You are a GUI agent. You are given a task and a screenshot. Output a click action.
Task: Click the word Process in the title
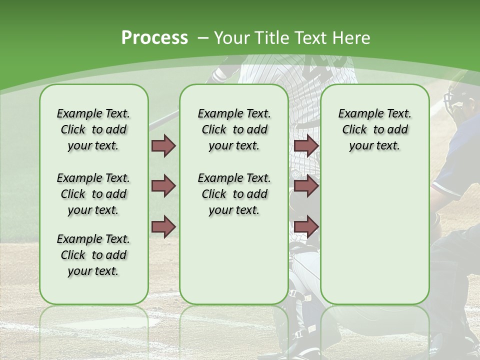point(154,38)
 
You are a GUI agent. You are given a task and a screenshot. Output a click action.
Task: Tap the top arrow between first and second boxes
point(163,146)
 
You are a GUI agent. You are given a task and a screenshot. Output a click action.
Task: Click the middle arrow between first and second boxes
point(163,186)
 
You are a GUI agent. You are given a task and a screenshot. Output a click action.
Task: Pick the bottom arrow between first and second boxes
point(163,226)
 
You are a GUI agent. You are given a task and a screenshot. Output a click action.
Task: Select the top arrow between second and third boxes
point(306,146)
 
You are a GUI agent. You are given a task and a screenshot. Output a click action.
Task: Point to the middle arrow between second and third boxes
point(306,186)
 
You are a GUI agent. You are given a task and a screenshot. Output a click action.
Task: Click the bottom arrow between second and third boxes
point(306,226)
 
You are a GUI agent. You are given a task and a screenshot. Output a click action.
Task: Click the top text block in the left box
point(93,129)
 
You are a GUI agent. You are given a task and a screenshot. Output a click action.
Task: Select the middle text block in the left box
point(93,194)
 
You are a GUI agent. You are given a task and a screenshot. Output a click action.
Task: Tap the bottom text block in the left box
point(93,255)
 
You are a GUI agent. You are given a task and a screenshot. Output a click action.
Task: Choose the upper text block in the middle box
point(234,129)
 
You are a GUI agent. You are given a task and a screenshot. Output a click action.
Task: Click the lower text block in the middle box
point(234,194)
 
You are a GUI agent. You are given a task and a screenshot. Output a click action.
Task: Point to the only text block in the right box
point(374,129)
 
